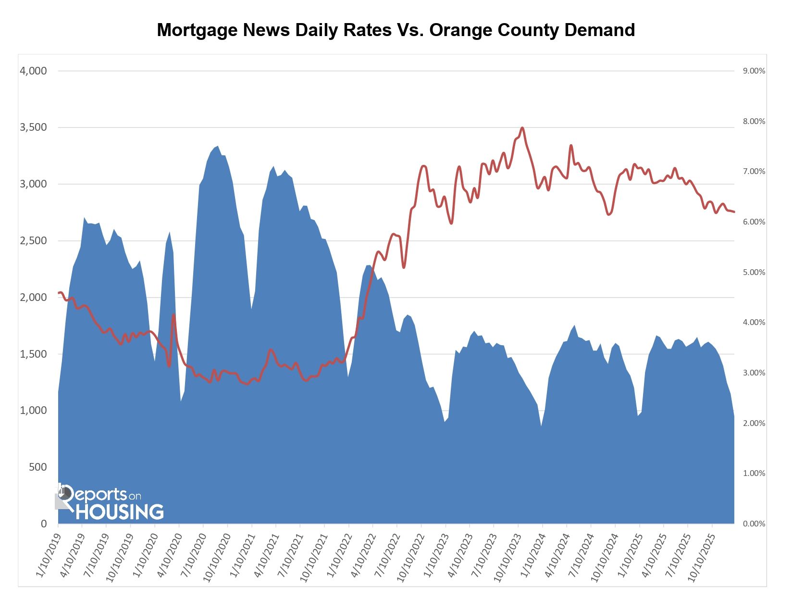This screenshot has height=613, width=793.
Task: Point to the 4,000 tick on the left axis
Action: [x=33, y=71]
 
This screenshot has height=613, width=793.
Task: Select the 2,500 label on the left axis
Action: [x=33, y=241]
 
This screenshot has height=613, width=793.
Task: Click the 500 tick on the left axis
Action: [x=37, y=467]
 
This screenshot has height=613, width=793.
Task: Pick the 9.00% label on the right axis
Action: [x=754, y=71]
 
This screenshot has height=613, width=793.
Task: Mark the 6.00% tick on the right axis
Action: [x=754, y=222]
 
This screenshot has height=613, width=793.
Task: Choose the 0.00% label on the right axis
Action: [x=754, y=524]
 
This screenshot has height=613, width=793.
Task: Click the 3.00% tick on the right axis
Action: [x=754, y=373]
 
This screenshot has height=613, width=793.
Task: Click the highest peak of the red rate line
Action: [x=522, y=128]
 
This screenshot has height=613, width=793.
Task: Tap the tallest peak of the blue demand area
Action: [x=217, y=146]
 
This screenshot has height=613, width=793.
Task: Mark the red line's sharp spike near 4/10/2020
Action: [x=173, y=315]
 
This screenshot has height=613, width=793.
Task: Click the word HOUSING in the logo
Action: [x=120, y=512]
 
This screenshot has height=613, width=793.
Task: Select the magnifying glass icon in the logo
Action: [x=64, y=494]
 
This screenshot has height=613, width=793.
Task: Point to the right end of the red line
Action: [x=734, y=212]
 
